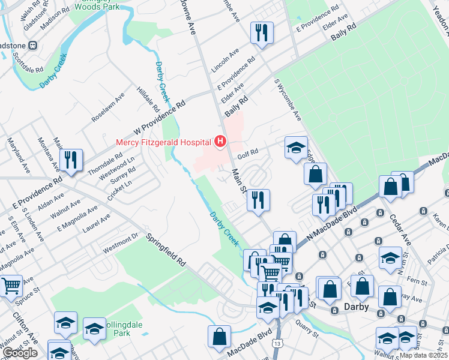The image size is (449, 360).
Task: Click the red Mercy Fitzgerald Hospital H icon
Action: (x=220, y=142)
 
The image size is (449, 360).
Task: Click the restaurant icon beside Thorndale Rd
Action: (x=71, y=160)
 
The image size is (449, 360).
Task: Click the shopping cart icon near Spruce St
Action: (x=11, y=286)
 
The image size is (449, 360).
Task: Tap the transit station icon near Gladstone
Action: (x=33, y=45)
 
